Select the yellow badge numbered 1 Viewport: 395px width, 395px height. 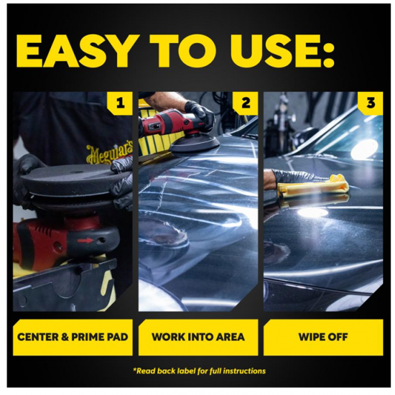(120, 103)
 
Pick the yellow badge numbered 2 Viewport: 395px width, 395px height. (246, 103)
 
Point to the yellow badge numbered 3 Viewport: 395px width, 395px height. (371, 103)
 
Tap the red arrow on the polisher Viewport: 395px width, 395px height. (85, 241)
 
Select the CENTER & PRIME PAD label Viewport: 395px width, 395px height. (73, 338)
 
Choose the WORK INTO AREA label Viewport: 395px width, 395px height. (198, 338)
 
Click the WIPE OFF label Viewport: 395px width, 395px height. (323, 338)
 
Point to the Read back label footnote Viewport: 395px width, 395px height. (199, 371)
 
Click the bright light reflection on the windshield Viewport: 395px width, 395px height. (365, 149)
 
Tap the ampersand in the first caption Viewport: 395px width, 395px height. (65, 337)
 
